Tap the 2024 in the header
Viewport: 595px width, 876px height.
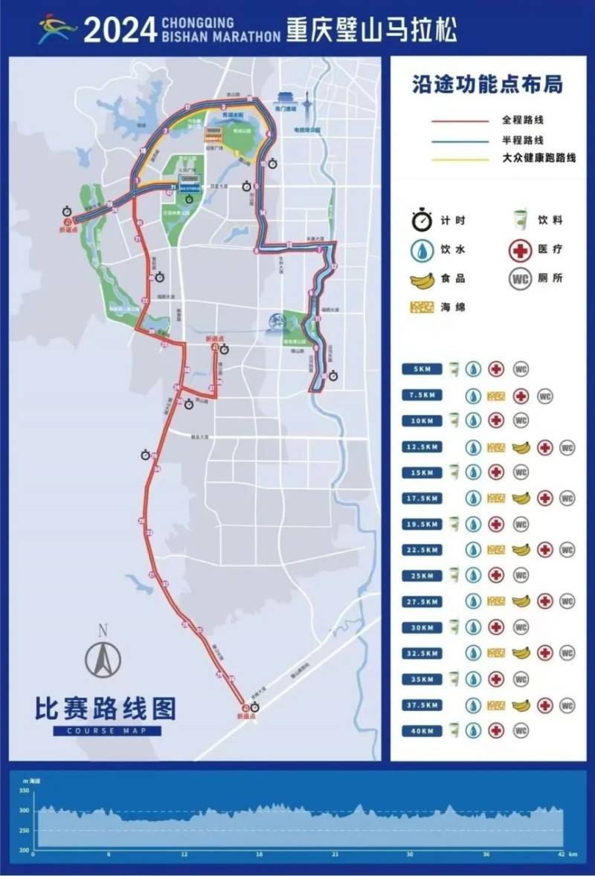119,30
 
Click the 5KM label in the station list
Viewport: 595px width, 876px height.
422,369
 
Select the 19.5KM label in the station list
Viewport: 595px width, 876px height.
422,524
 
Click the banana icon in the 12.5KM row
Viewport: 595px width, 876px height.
521,447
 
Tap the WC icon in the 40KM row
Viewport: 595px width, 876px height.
521,731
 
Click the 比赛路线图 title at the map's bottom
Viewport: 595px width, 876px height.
106,709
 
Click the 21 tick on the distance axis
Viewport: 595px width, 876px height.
335,855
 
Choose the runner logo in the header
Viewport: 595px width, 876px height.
58,30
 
